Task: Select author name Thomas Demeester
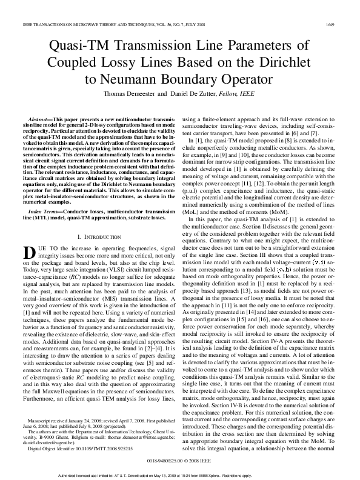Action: pos(129,94)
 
